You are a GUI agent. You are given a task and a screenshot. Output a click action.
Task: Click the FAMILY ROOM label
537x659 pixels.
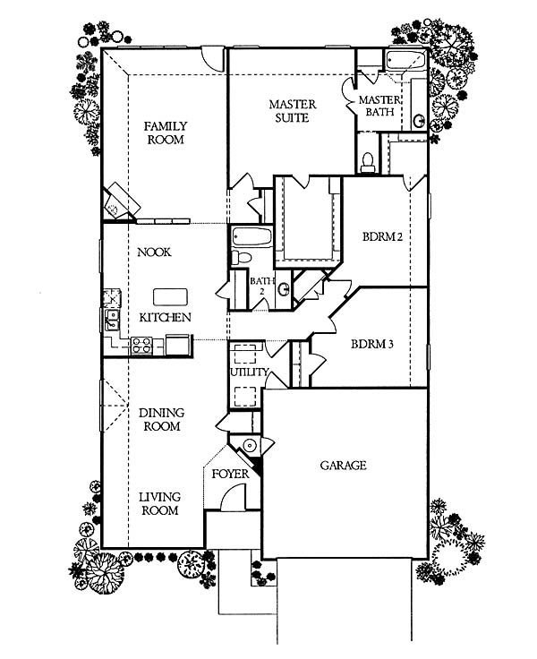pyautogui.click(x=166, y=133)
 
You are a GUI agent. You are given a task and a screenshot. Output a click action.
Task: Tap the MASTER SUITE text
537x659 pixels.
pyautogui.click(x=293, y=111)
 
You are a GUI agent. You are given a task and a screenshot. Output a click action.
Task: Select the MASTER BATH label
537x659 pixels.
pyautogui.click(x=379, y=106)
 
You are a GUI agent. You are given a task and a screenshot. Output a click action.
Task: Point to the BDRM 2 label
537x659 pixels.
pyautogui.click(x=382, y=236)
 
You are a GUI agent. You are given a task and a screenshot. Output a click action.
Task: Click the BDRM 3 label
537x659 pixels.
pyautogui.click(x=371, y=344)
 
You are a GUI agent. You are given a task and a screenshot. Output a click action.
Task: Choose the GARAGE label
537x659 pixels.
pyautogui.click(x=343, y=466)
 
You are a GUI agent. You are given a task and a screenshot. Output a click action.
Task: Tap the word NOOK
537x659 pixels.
pyautogui.click(x=154, y=252)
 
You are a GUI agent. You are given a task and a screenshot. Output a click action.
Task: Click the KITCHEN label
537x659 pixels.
pyautogui.click(x=166, y=317)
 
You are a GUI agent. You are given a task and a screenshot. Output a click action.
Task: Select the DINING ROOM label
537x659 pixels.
pyautogui.click(x=162, y=419)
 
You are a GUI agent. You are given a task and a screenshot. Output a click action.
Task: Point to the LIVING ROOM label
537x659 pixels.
pyautogui.click(x=160, y=503)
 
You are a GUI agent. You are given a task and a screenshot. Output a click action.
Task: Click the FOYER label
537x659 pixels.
pyautogui.click(x=230, y=474)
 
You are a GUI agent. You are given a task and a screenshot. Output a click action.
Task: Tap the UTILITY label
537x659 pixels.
pyautogui.click(x=249, y=372)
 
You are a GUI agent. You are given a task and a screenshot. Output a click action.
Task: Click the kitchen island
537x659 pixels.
pyautogui.click(x=170, y=296)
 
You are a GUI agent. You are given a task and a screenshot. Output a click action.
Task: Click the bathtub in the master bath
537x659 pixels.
pyautogui.click(x=405, y=61)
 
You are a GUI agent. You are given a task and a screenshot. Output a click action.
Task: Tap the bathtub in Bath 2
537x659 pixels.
pyautogui.click(x=252, y=237)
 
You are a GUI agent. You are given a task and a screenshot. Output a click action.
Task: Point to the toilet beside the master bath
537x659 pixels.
pyautogui.click(x=368, y=162)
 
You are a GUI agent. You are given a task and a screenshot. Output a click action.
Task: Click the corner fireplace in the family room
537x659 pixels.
pyautogui.click(x=121, y=201)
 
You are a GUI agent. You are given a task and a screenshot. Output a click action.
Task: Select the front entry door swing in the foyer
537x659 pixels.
pyautogui.click(x=233, y=497)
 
